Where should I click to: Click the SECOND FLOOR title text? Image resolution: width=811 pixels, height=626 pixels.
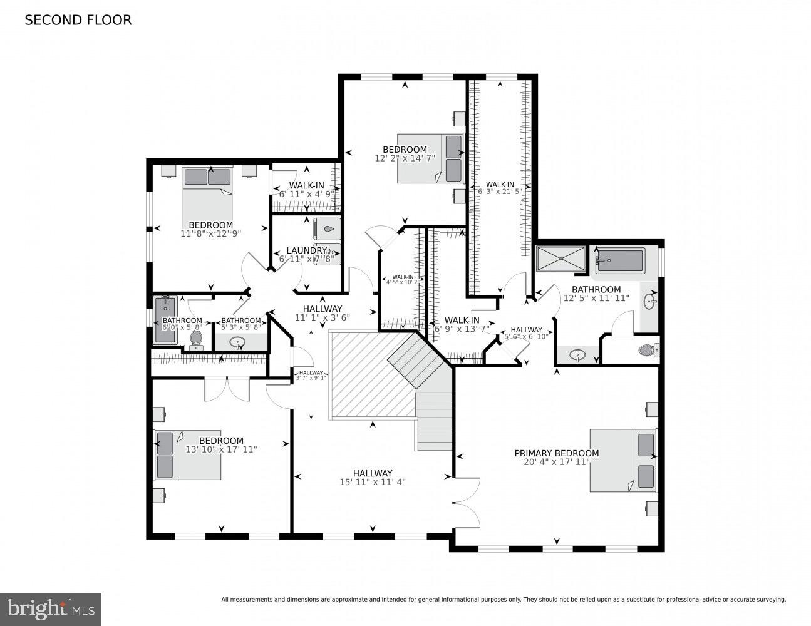coord(78,20)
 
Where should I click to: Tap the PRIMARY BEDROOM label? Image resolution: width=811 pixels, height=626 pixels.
coord(556,453)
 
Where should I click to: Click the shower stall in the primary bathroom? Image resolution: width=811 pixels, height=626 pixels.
coord(560,259)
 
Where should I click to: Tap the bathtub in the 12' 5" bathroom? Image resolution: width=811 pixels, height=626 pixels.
coord(619,261)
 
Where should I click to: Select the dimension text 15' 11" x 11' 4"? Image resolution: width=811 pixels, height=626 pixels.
coord(372,482)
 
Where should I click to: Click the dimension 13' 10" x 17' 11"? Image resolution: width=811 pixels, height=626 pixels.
coord(221,449)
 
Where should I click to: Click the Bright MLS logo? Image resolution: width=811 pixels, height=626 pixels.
coord(51,609)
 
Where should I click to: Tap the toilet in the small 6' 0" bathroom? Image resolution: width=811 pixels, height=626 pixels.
coord(195,339)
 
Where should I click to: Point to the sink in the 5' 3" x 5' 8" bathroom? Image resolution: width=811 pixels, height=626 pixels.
coord(237,342)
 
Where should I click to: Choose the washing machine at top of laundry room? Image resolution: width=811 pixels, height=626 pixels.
coord(328,229)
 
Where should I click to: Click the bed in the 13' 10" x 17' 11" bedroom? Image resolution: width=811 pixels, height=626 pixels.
coord(188,455)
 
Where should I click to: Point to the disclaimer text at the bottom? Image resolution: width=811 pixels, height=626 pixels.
coord(503,600)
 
